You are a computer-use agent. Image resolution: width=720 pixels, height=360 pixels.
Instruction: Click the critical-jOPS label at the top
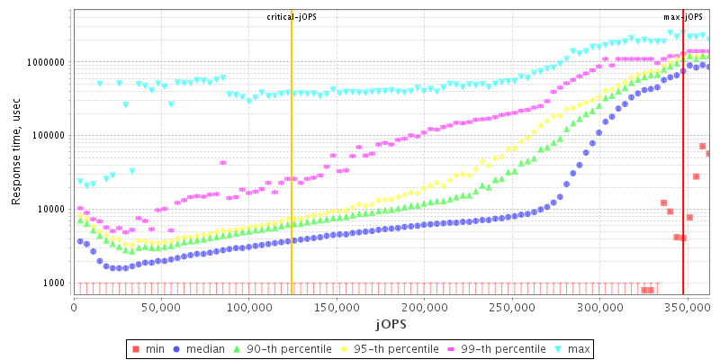(x=292, y=17)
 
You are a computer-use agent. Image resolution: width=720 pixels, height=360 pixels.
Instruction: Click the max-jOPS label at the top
(x=684, y=17)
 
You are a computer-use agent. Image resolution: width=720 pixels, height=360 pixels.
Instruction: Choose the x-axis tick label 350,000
(x=685, y=306)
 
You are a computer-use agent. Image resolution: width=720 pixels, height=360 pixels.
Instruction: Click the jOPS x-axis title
(x=389, y=322)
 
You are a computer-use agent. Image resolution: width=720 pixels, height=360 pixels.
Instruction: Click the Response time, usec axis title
(x=16, y=153)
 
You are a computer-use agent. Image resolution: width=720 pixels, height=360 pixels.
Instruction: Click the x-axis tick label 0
(x=74, y=306)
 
